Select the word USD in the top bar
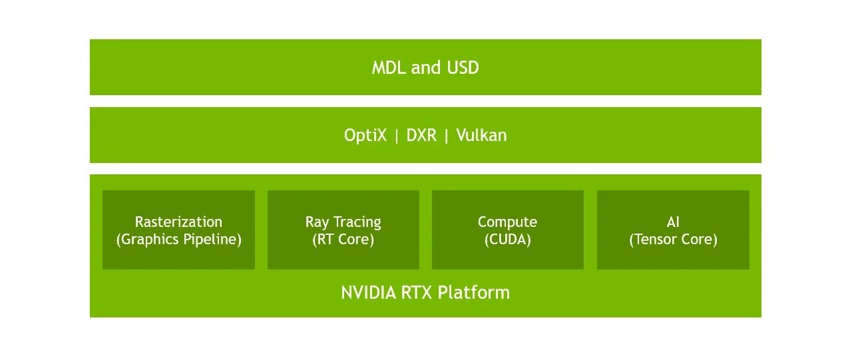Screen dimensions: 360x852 coord(462,68)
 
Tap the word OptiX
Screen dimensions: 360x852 coord(365,136)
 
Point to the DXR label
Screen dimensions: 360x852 coord(421,136)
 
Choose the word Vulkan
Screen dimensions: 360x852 coord(481,136)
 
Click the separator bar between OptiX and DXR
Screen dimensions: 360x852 coord(397,136)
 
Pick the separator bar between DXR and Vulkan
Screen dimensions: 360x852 coord(447,136)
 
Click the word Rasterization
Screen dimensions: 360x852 coord(178,222)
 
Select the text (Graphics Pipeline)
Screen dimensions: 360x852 coord(178,240)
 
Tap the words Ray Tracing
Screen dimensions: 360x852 coord(343,222)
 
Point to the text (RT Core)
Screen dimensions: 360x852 coord(343,240)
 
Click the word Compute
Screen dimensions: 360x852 coord(507,222)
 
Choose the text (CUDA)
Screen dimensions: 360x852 coord(507,240)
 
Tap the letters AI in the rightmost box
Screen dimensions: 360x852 coord(673,222)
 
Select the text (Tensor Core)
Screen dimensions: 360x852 coord(673,240)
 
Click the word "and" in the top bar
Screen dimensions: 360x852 coord(426,68)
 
